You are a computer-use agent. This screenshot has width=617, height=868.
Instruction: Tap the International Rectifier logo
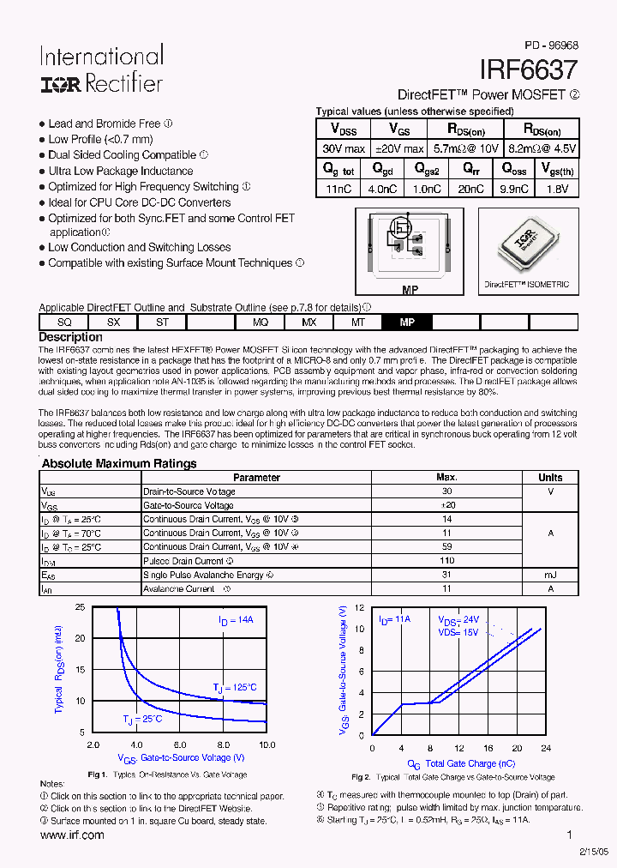101,69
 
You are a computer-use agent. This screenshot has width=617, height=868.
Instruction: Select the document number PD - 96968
551,45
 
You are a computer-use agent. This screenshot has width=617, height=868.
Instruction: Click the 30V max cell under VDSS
344,148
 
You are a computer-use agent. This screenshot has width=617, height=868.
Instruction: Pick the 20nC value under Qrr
470,189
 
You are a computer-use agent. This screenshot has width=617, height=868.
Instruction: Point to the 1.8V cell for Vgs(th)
556,189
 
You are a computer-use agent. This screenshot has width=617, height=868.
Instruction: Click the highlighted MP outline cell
407,322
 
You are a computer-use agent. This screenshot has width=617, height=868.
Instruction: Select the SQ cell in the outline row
64,322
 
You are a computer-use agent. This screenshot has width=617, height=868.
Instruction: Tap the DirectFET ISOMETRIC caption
526,284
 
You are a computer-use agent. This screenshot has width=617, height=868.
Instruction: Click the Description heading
70,337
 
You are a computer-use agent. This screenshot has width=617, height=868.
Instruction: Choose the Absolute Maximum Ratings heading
119,463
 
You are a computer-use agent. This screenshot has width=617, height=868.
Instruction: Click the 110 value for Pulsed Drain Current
446,561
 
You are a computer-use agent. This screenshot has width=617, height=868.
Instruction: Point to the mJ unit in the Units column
550,575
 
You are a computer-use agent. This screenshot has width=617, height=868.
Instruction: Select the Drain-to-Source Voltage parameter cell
189,491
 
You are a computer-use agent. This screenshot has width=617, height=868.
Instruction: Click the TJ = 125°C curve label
234,687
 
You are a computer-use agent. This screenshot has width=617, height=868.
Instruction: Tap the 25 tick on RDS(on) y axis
80,607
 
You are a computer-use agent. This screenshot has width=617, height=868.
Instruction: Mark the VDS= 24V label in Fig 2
459,620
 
